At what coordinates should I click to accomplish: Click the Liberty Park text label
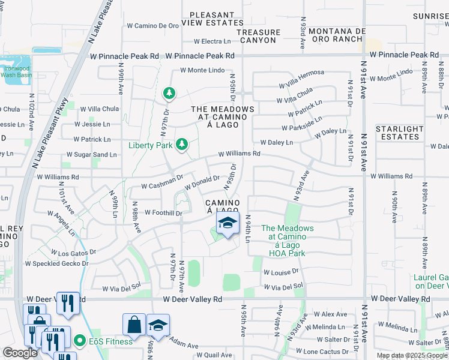150,145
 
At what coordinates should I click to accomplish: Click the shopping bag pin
134,326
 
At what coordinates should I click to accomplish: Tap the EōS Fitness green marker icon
79,341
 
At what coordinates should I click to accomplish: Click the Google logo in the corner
20,353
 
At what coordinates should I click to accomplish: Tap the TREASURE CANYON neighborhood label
258,36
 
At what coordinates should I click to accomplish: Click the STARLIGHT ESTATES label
399,133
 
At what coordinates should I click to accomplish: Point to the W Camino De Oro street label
153,26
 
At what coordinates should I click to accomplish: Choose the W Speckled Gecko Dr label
56,263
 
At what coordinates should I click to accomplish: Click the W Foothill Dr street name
159,213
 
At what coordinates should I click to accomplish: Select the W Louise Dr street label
280,272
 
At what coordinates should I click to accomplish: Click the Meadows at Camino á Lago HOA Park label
287,241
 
